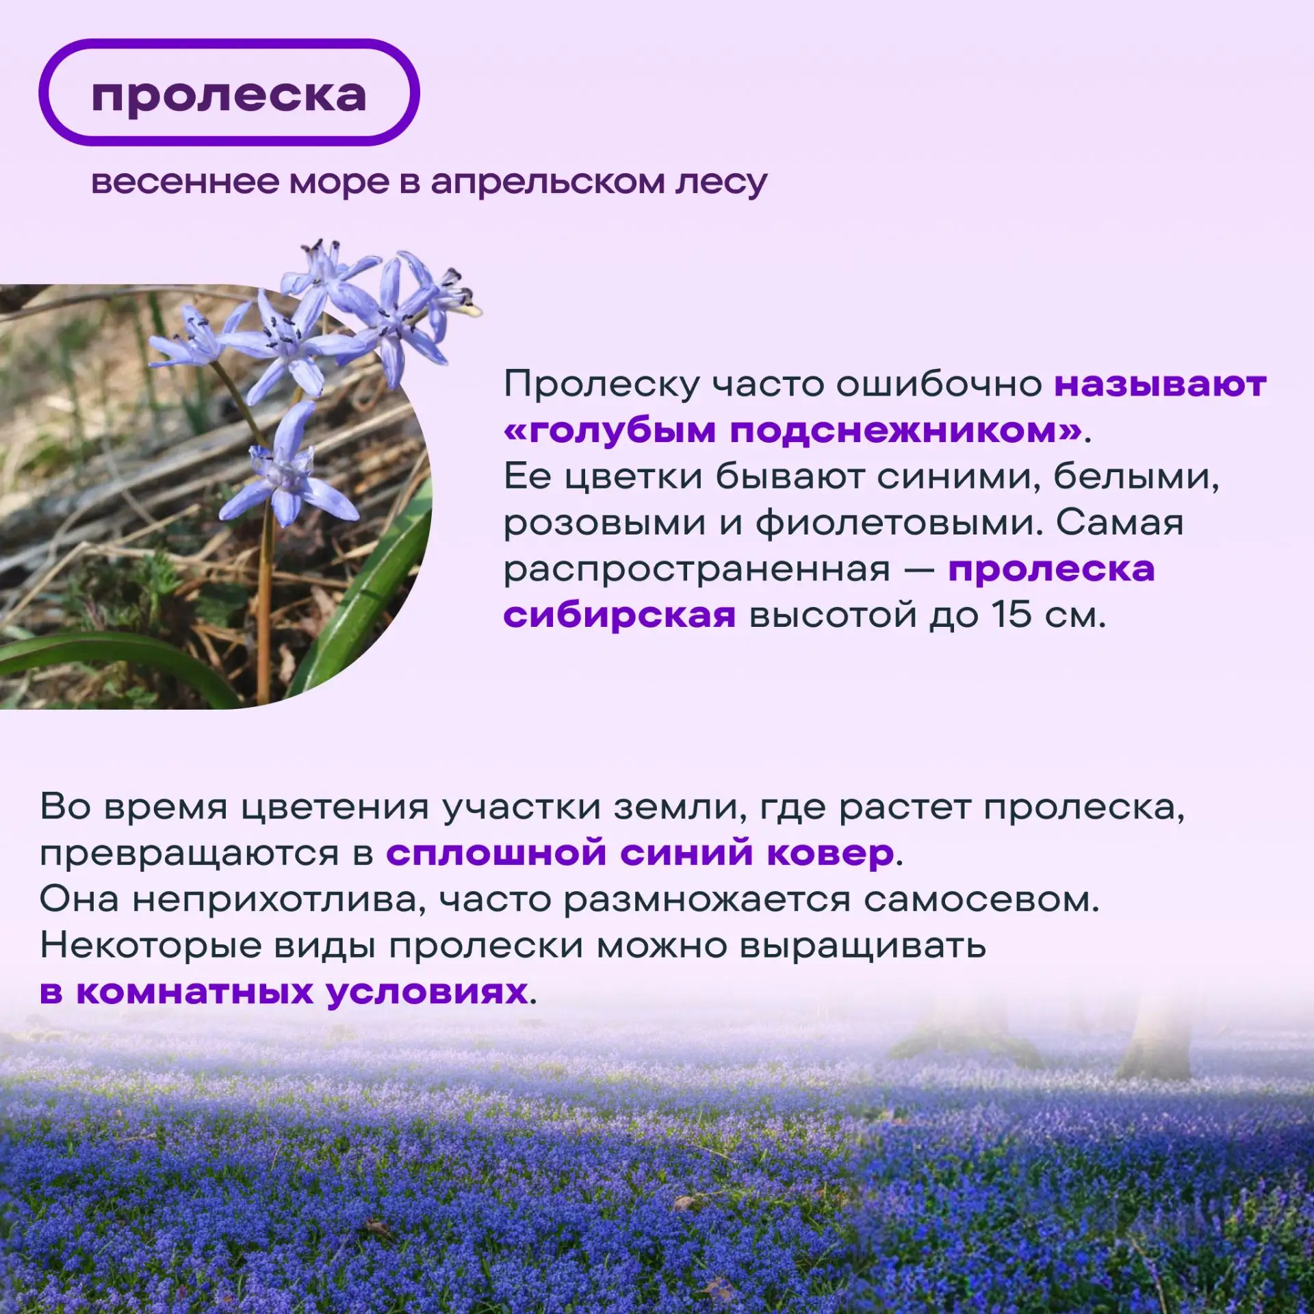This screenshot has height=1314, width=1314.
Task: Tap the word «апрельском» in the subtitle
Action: (x=547, y=183)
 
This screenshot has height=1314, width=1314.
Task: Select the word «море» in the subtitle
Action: (x=339, y=183)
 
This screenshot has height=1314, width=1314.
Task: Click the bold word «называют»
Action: (x=1160, y=384)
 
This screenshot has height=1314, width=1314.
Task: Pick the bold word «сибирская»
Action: (x=619, y=615)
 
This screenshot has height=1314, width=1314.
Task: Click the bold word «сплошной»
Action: (x=496, y=853)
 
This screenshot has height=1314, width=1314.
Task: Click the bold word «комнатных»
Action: (x=194, y=992)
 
